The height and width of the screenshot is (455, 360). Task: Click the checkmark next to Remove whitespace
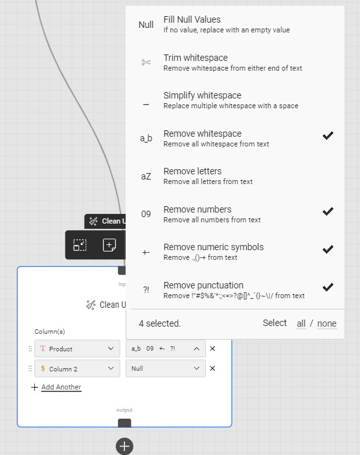(x=328, y=135)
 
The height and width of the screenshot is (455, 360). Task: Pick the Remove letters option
(x=192, y=176)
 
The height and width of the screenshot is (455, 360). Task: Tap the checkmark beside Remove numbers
(x=328, y=211)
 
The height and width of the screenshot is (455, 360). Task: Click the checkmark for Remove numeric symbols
(x=328, y=249)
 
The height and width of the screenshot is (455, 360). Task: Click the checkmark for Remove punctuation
(x=328, y=287)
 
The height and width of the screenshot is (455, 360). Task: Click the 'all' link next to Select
(x=301, y=323)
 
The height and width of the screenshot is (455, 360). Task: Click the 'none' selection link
(x=326, y=323)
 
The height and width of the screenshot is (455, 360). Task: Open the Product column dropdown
(x=77, y=349)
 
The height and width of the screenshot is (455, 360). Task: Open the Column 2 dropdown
(x=77, y=368)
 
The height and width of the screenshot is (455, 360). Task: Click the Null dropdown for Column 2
(x=166, y=368)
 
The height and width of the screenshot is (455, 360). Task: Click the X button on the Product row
(x=212, y=349)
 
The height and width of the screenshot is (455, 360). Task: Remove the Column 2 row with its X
(x=212, y=368)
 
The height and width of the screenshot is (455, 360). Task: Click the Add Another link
(x=61, y=387)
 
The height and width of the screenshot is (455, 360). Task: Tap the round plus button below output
(x=124, y=446)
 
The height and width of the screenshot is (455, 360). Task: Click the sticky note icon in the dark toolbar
(x=109, y=245)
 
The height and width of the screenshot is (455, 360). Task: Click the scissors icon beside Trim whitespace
(x=146, y=62)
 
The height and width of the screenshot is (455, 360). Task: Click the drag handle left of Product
(x=29, y=349)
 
